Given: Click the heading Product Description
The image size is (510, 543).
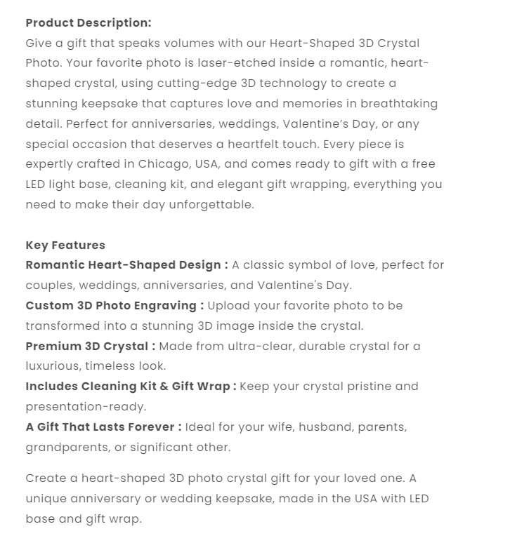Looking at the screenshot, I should [88, 23].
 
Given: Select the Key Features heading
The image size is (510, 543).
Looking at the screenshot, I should [65, 245].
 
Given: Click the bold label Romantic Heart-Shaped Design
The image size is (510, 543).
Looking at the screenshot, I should [126, 265].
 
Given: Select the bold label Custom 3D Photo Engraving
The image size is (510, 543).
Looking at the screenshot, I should [115, 306].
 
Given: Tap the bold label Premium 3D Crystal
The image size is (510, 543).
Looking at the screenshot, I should [91, 346].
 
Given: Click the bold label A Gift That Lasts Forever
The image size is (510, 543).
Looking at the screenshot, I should [103, 427].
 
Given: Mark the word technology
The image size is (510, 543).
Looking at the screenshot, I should [293, 83].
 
